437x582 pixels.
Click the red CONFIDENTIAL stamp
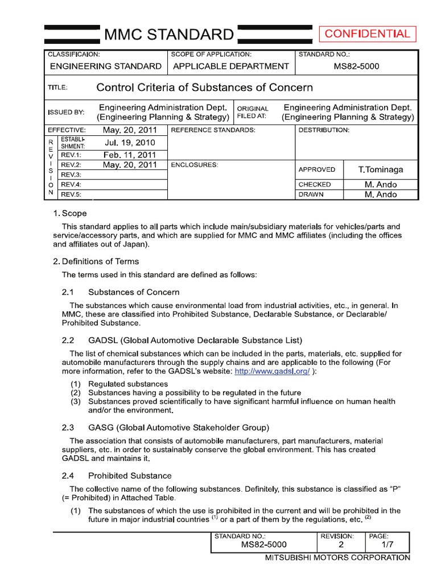(367, 34)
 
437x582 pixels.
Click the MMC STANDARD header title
(168, 35)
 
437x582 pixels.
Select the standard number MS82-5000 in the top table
(356, 66)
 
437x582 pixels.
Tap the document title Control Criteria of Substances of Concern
(204, 88)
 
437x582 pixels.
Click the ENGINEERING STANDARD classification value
(106, 66)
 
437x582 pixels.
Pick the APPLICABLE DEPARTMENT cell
(231, 66)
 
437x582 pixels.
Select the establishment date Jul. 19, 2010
(130, 143)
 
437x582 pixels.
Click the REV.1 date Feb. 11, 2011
(130, 155)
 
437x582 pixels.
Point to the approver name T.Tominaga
(381, 170)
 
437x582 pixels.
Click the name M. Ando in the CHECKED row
(381, 185)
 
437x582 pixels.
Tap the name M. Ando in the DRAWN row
(381, 195)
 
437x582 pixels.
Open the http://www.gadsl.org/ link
(273, 372)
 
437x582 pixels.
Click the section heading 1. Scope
(70, 214)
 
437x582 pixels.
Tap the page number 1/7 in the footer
(389, 544)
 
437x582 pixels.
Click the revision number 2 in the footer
(341, 544)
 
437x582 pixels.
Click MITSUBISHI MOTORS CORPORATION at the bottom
(337, 558)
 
